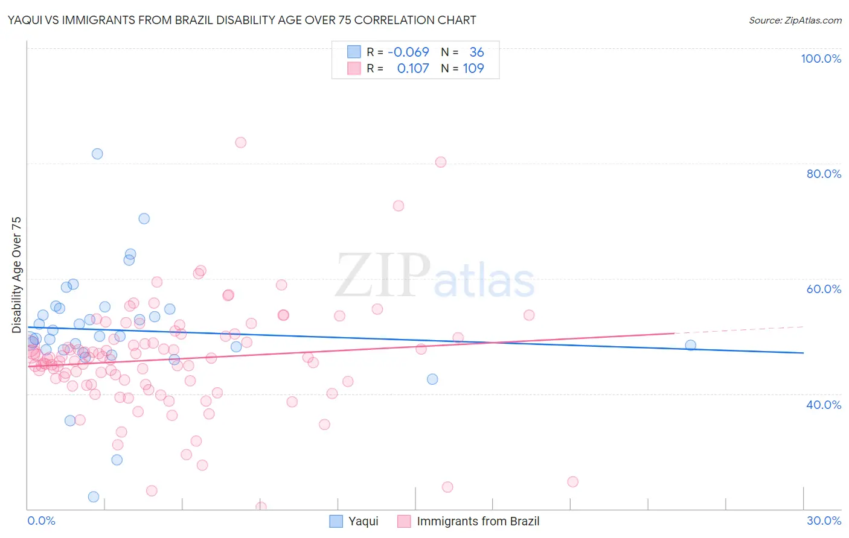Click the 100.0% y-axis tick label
(x=821, y=59)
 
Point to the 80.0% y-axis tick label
(x=824, y=174)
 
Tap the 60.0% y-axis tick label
(x=824, y=289)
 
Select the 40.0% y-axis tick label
(x=824, y=404)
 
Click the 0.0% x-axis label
(x=41, y=521)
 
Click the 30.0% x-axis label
(x=824, y=521)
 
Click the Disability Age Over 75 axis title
(x=16, y=275)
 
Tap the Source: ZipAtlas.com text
(x=795, y=21)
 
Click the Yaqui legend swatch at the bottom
(x=336, y=521)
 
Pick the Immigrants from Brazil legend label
(x=478, y=521)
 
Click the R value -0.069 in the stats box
(x=408, y=52)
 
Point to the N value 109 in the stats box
(x=473, y=68)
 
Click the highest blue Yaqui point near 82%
(x=97, y=154)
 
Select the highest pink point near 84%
(x=240, y=142)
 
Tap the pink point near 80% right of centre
(x=441, y=162)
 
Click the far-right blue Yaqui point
(x=690, y=345)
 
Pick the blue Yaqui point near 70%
(x=144, y=218)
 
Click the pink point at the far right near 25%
(x=572, y=481)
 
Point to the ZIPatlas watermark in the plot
(x=435, y=276)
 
